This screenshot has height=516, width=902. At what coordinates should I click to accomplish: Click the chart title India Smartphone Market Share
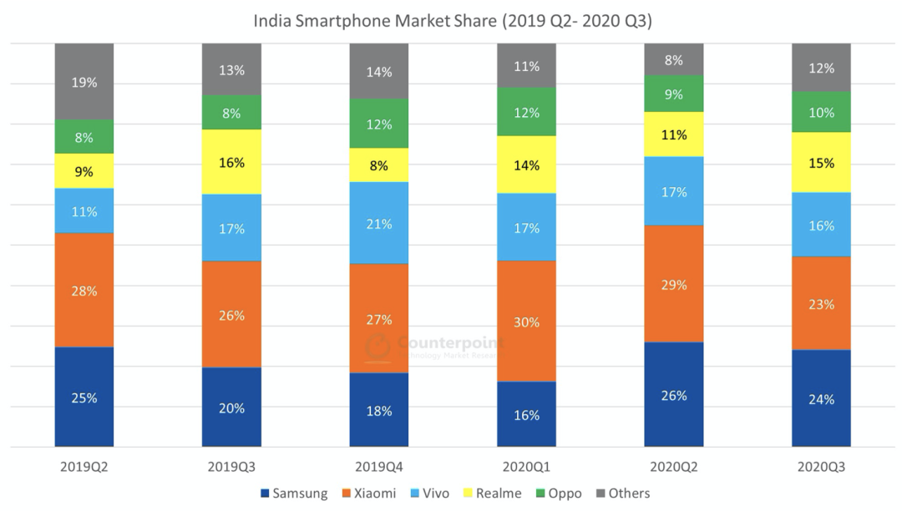(x=452, y=21)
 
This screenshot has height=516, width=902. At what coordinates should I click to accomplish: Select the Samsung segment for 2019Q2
(x=84, y=397)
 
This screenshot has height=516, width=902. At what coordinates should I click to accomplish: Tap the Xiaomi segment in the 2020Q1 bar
(x=526, y=321)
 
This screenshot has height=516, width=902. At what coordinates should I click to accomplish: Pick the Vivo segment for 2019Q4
(x=379, y=222)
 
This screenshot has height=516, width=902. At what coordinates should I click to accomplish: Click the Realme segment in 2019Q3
(x=231, y=162)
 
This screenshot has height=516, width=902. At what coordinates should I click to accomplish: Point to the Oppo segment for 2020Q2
(x=674, y=94)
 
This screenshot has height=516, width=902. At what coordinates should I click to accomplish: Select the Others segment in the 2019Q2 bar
(x=84, y=82)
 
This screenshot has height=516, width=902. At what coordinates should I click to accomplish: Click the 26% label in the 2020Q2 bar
(x=674, y=395)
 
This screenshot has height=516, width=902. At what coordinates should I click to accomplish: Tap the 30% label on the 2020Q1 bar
(x=526, y=322)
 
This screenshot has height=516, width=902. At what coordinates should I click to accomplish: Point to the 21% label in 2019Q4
(x=379, y=223)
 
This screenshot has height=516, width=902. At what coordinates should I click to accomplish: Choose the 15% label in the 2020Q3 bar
(x=821, y=163)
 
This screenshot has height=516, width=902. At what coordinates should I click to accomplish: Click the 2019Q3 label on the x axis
(x=231, y=468)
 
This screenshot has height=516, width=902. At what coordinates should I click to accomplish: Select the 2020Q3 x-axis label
(x=821, y=468)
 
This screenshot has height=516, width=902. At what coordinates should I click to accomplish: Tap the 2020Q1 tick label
(x=526, y=468)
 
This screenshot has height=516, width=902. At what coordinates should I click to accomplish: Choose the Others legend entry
(x=621, y=493)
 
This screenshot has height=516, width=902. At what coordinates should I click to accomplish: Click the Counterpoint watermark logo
(x=378, y=346)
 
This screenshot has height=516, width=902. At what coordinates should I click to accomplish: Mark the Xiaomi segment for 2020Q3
(x=821, y=303)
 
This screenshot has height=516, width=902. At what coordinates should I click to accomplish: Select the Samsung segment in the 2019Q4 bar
(x=379, y=410)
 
